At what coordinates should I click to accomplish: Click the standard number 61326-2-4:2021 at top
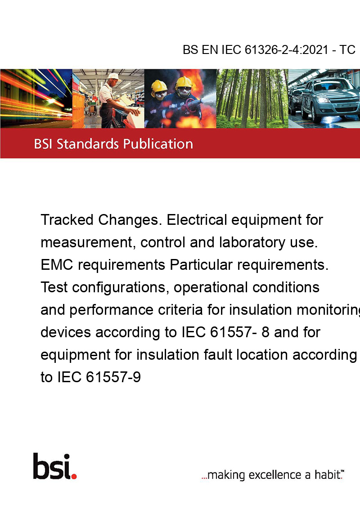286,49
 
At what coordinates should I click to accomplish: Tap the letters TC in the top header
347,49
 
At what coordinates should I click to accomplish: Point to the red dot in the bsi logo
74,476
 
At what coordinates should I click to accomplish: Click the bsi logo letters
52,466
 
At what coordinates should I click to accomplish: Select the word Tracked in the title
67,220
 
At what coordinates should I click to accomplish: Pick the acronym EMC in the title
57,265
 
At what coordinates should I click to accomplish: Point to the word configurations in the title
119,288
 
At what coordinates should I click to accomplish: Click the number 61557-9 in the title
113,377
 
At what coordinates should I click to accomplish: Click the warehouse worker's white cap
114,76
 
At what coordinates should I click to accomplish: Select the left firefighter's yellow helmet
159,86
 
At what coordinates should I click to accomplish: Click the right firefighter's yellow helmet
184,82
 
